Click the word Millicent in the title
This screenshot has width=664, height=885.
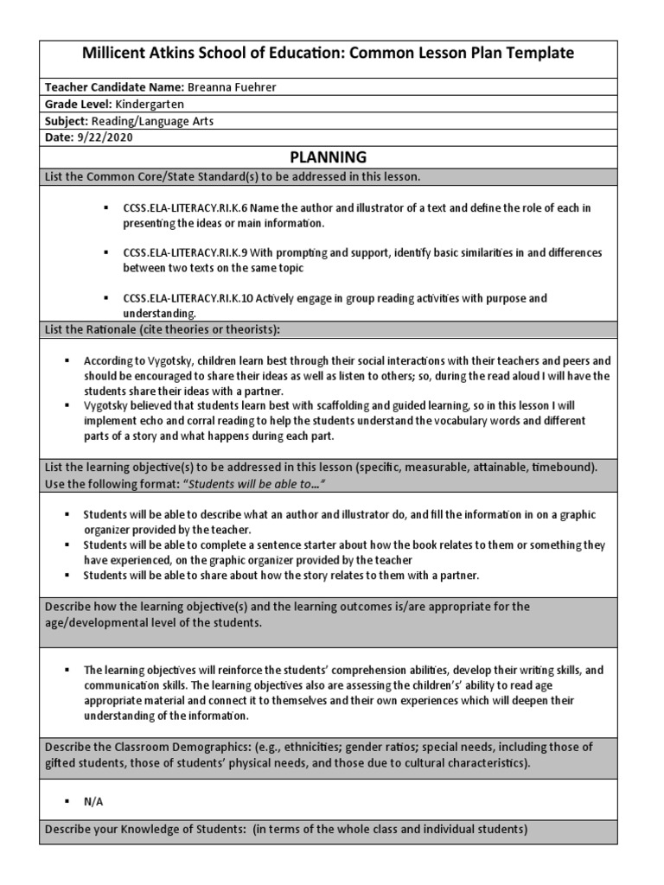(x=114, y=53)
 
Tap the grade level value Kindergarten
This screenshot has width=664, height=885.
(x=150, y=105)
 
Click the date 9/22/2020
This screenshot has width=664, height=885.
(x=104, y=137)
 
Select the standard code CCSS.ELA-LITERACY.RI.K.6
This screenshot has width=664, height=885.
(x=178, y=209)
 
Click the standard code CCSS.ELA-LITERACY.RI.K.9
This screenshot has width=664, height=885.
(x=178, y=253)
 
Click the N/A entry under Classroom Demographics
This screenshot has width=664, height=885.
(x=93, y=801)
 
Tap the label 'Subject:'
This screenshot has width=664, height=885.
(x=65, y=121)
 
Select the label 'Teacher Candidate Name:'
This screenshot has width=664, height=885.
(x=112, y=88)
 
